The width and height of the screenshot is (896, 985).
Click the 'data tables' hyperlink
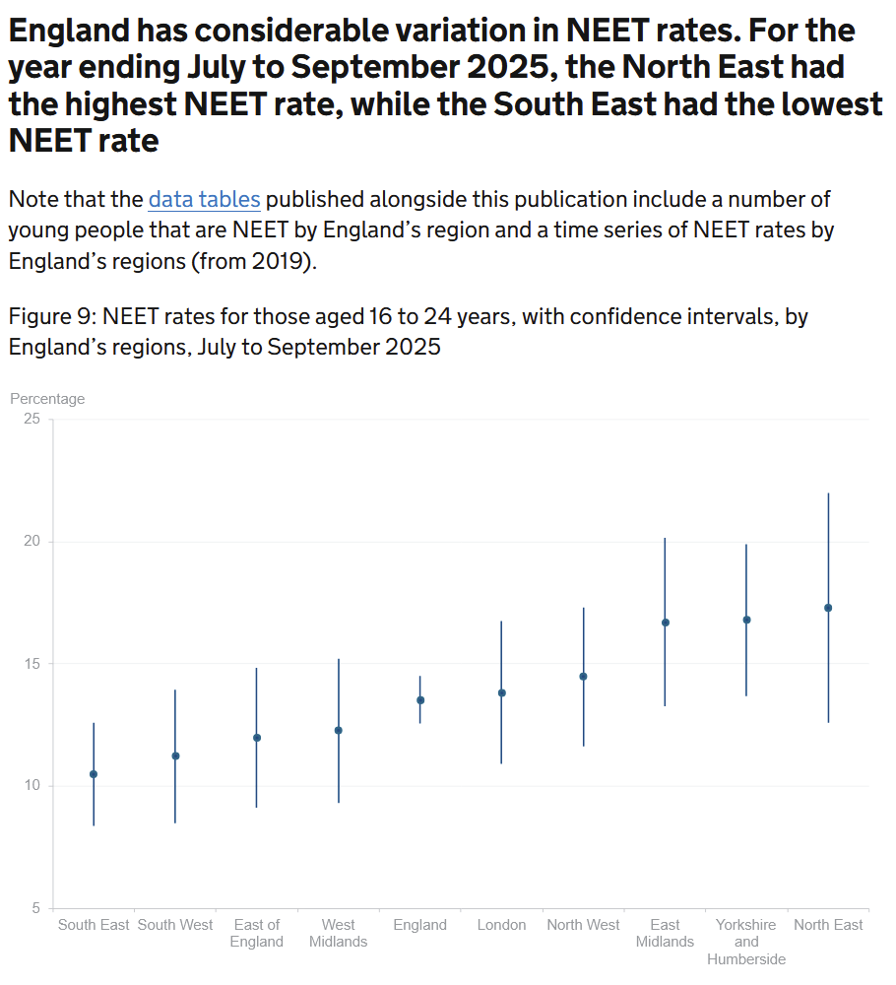point(204,199)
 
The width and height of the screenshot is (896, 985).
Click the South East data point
point(94,774)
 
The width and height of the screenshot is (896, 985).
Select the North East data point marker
point(828,608)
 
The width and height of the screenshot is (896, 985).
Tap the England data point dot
point(420,700)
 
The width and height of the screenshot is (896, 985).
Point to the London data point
point(502,692)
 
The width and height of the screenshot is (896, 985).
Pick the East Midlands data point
point(666,623)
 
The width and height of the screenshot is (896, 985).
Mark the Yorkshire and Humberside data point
point(746,620)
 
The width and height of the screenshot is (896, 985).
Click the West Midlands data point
point(339,730)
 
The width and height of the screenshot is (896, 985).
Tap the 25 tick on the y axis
point(32,419)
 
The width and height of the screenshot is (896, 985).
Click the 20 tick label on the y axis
point(32,542)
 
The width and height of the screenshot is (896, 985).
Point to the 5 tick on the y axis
point(36,908)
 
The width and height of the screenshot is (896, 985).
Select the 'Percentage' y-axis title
point(47,399)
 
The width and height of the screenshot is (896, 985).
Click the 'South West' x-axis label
point(175,925)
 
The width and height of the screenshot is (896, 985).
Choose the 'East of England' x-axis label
point(257,933)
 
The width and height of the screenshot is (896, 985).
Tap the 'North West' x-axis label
point(584,925)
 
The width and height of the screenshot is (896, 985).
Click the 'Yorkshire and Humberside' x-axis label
point(746,942)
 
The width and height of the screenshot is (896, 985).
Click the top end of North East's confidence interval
point(828,493)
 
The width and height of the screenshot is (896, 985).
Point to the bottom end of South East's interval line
point(94,825)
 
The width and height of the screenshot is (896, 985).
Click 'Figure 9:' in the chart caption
point(52,317)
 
